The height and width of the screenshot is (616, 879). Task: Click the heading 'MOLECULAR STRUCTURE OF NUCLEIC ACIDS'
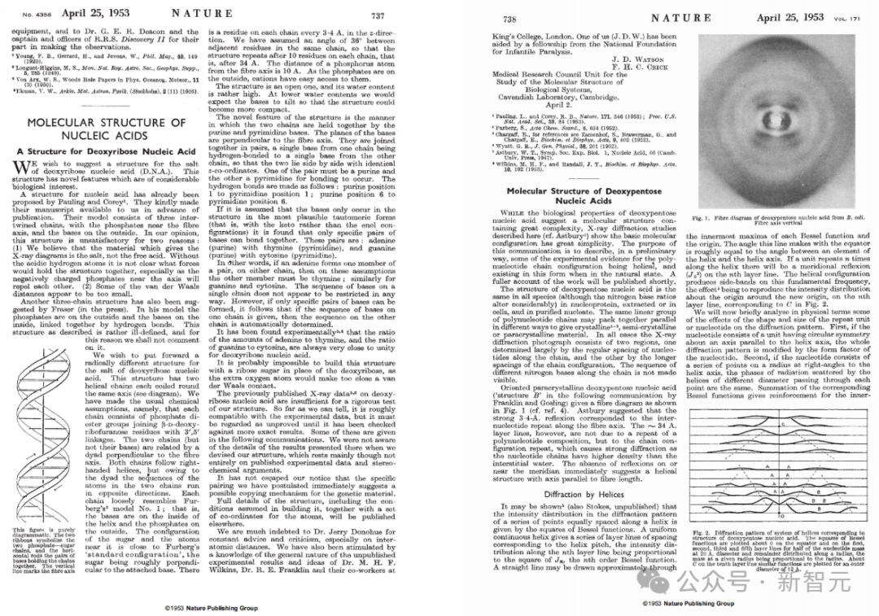click(106, 129)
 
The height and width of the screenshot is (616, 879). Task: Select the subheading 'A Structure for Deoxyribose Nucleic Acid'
click(106, 151)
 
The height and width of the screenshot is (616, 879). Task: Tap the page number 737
click(378, 15)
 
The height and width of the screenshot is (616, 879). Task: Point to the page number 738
click(509, 18)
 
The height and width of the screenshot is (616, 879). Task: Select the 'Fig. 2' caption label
click(698, 532)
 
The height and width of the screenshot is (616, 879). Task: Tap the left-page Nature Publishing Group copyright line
click(211, 608)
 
